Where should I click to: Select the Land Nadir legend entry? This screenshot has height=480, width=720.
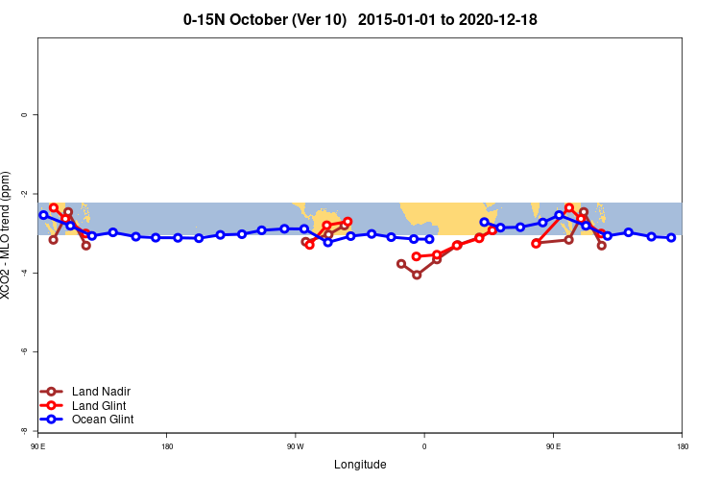(x=101, y=392)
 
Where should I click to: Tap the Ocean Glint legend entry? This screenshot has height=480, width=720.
(x=103, y=420)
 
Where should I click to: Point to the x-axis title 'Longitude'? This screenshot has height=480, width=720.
(x=360, y=465)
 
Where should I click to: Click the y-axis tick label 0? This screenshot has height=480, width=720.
(x=24, y=115)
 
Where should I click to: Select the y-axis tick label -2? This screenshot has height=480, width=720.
(x=24, y=194)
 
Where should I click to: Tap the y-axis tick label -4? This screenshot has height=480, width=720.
(x=24, y=273)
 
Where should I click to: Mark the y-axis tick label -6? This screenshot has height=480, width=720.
(x=24, y=351)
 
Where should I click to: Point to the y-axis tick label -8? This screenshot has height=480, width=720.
(x=24, y=430)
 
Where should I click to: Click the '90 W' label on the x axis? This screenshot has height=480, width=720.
(x=295, y=446)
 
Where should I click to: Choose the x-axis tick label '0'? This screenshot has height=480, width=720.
(x=424, y=446)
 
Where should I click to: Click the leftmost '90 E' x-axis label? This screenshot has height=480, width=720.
(x=38, y=446)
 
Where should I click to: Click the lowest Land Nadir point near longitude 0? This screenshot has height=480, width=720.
(x=417, y=275)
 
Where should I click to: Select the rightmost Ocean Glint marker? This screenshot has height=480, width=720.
(x=671, y=237)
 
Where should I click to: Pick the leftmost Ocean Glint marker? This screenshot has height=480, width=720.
(x=43, y=215)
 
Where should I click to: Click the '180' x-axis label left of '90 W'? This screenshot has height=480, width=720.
(x=167, y=446)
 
